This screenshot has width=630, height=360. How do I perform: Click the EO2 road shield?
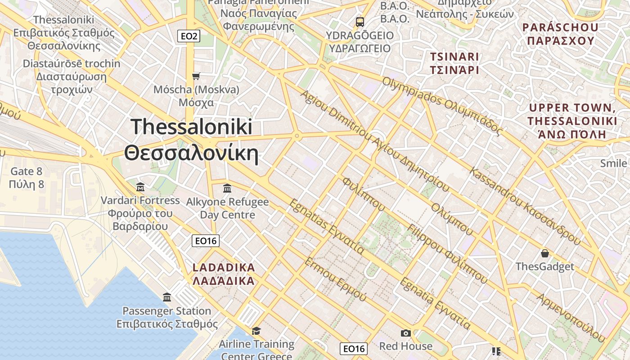(x=189, y=36)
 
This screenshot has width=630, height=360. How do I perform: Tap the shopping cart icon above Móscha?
(x=196, y=76)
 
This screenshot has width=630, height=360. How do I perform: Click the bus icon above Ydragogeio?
(x=360, y=22)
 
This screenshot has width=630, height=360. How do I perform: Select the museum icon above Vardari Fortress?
(x=140, y=186)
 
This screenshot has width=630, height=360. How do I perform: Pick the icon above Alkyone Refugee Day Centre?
(x=227, y=188)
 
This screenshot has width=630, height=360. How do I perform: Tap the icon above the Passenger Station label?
(x=167, y=297)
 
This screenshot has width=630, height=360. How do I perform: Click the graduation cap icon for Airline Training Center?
(x=256, y=331)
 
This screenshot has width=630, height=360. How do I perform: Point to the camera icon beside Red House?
(x=405, y=333)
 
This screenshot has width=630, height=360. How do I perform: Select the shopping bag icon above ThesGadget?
(x=545, y=253)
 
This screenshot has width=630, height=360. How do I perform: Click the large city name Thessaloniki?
(x=191, y=127)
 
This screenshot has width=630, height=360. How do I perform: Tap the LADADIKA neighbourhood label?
(x=224, y=267)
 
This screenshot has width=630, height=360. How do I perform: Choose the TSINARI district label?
(x=454, y=57)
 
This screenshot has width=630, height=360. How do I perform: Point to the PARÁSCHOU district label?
(x=560, y=27)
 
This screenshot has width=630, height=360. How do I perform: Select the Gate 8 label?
(x=27, y=171)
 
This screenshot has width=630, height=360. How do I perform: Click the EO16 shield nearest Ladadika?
(x=206, y=241)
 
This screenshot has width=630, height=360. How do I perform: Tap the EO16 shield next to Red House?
(x=354, y=348)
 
